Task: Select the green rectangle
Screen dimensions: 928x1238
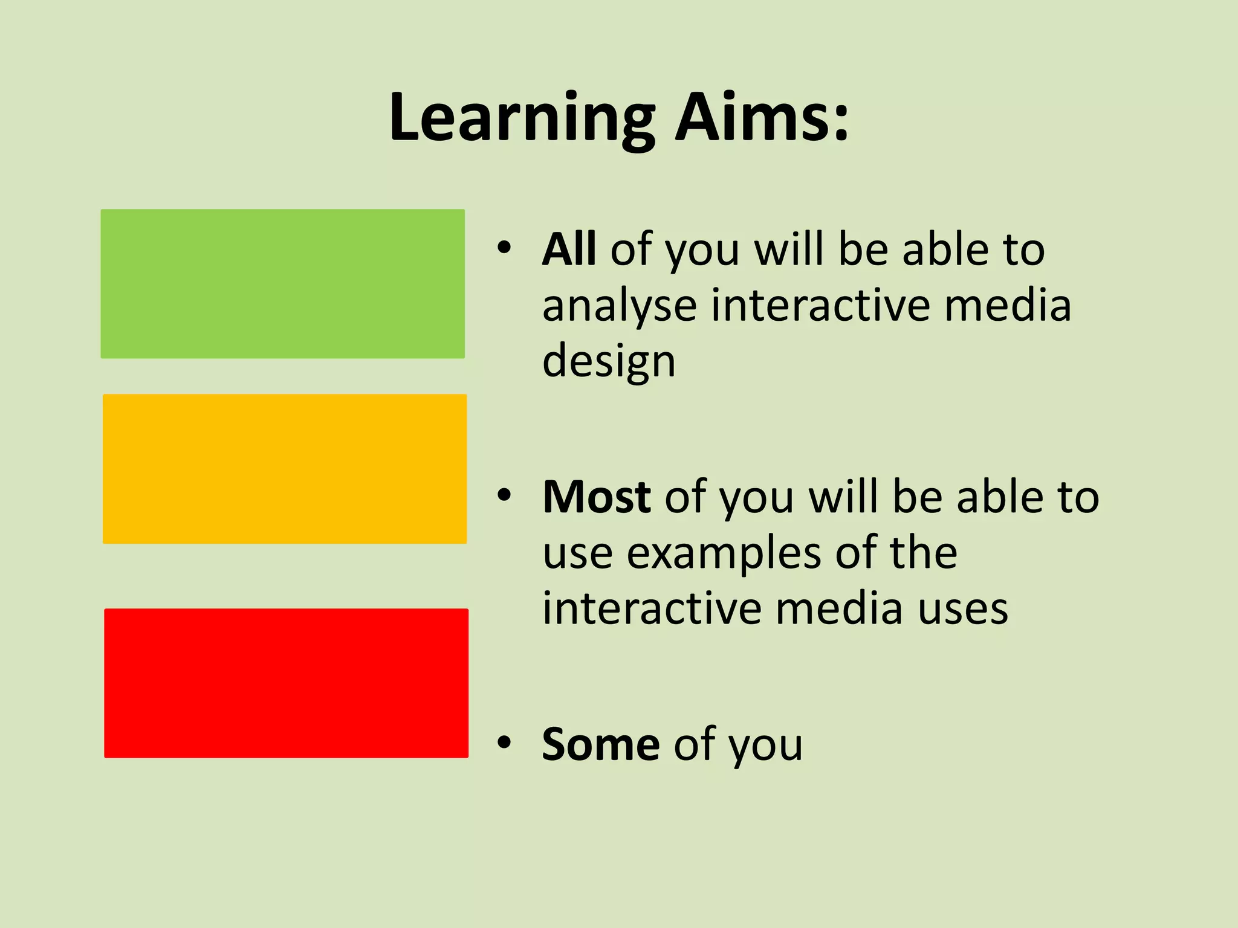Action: pos(282,284)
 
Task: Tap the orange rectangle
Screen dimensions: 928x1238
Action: pos(285,469)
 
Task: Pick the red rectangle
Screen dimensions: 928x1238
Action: pos(286,683)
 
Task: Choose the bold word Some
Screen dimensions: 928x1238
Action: pos(600,744)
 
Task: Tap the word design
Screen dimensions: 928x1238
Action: pos(609,362)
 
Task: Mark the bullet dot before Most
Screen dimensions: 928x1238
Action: pos(504,495)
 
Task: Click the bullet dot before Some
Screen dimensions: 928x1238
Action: pos(504,743)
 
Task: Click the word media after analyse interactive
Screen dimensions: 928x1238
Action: pos(1008,305)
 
